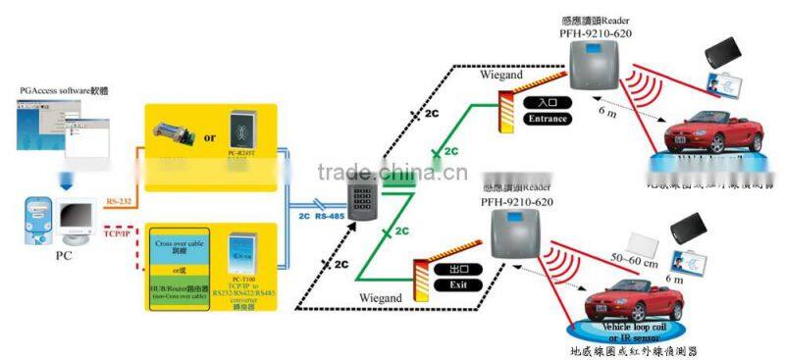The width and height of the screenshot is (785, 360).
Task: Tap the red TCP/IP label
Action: tap(117, 234)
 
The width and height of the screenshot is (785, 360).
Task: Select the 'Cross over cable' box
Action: tap(179, 246)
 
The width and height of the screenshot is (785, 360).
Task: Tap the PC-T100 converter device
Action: tap(243, 259)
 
